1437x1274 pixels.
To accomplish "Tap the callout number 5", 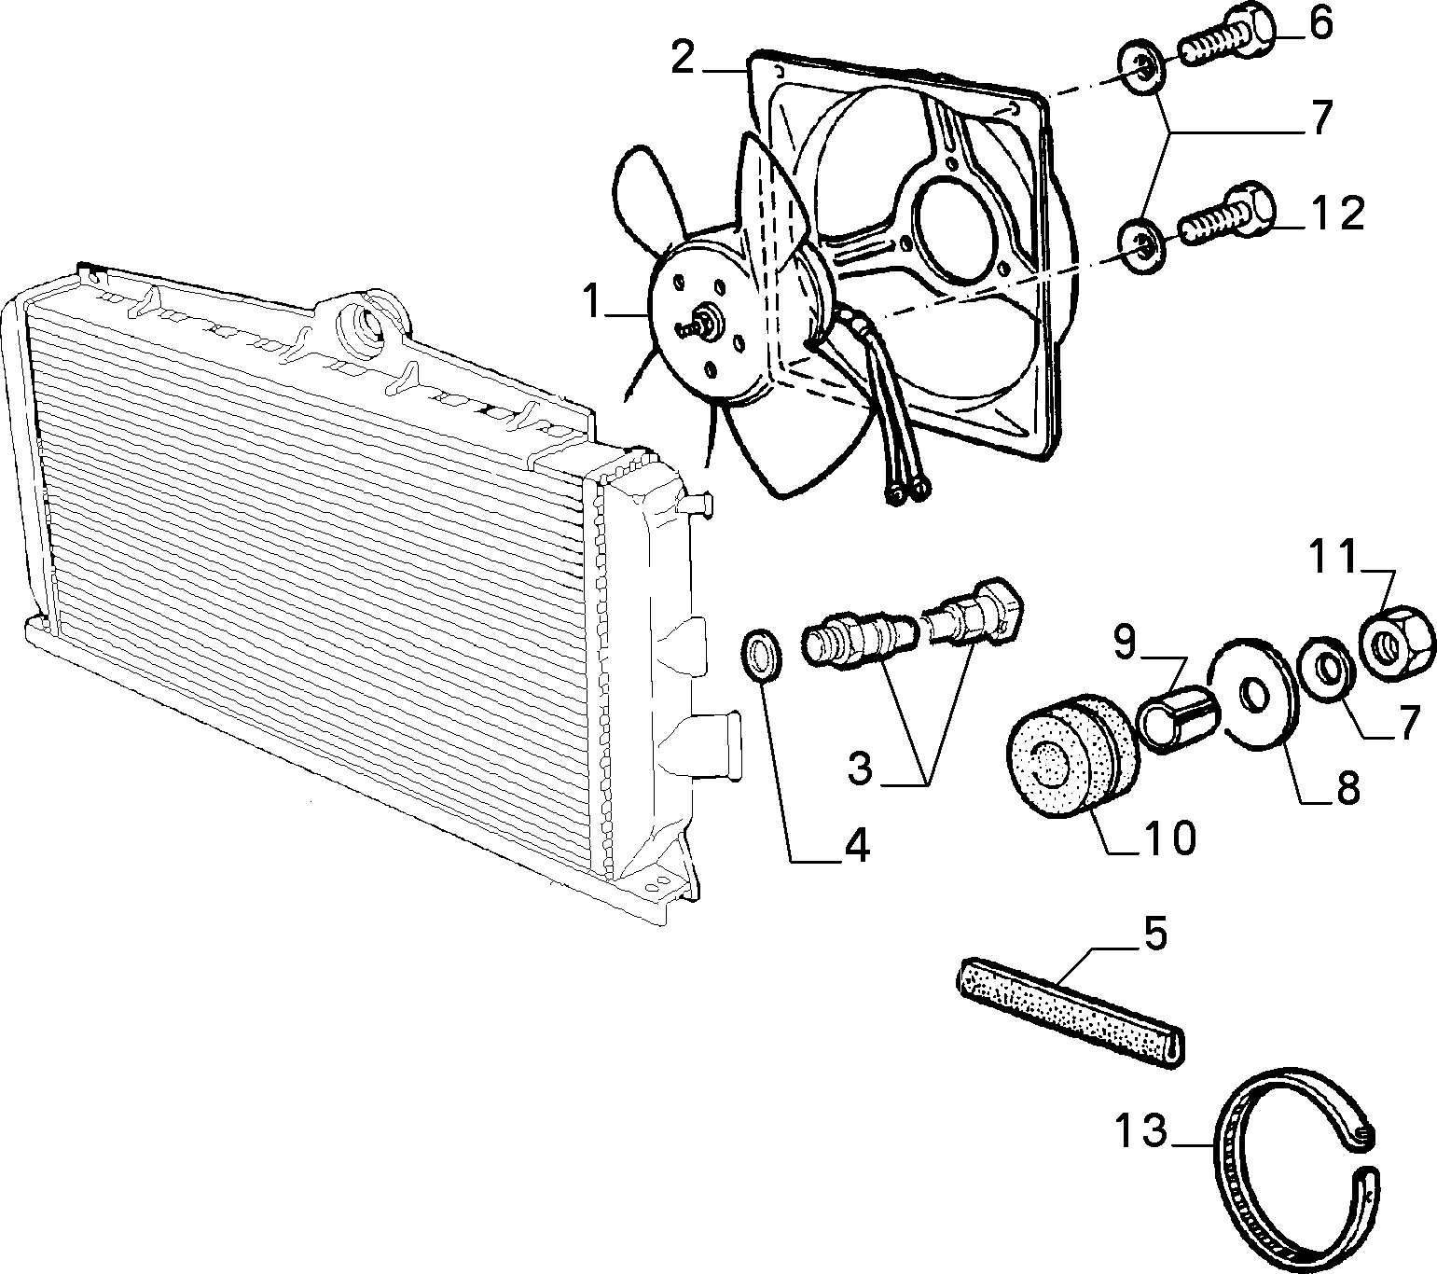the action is click(1155, 934).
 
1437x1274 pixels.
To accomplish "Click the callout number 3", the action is click(861, 769).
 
